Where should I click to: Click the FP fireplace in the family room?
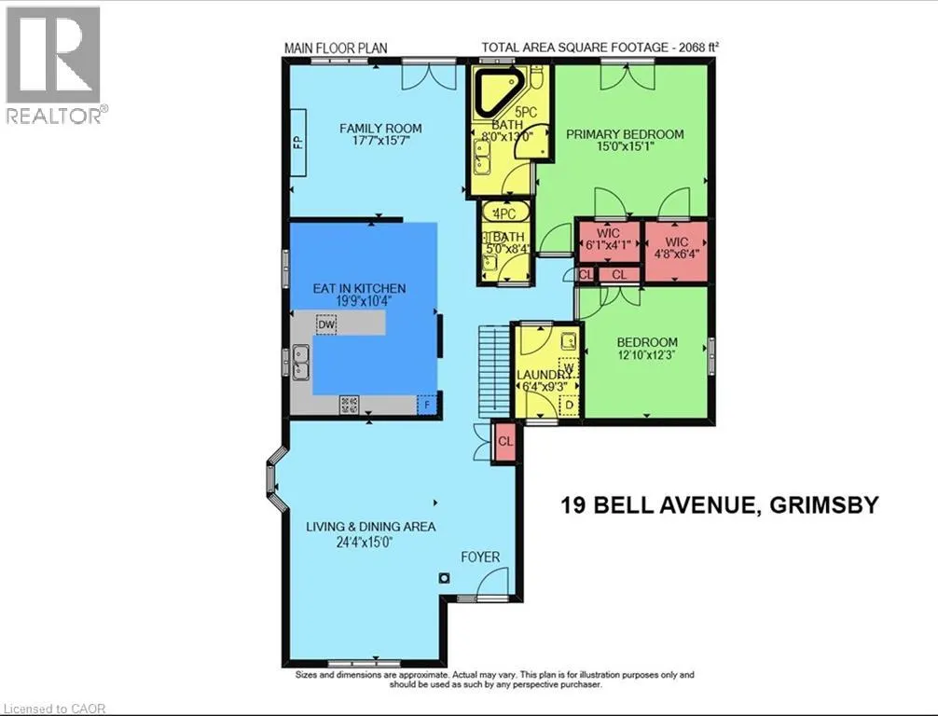(x=298, y=142)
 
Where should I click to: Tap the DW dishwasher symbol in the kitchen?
(x=326, y=324)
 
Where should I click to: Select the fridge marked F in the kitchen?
(x=426, y=405)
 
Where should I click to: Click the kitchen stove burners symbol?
(x=350, y=405)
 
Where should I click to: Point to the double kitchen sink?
(x=301, y=363)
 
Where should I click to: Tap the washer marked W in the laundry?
(x=569, y=366)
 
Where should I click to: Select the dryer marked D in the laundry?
(x=569, y=405)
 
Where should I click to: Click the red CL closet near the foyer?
(x=505, y=442)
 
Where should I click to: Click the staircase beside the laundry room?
(x=494, y=371)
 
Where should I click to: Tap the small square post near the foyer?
(x=444, y=578)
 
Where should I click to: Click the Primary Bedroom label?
(x=625, y=134)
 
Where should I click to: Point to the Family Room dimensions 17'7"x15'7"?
(x=380, y=141)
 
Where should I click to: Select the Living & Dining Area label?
(x=371, y=527)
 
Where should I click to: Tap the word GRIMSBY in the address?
(x=823, y=505)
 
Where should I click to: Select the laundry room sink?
(x=569, y=341)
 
